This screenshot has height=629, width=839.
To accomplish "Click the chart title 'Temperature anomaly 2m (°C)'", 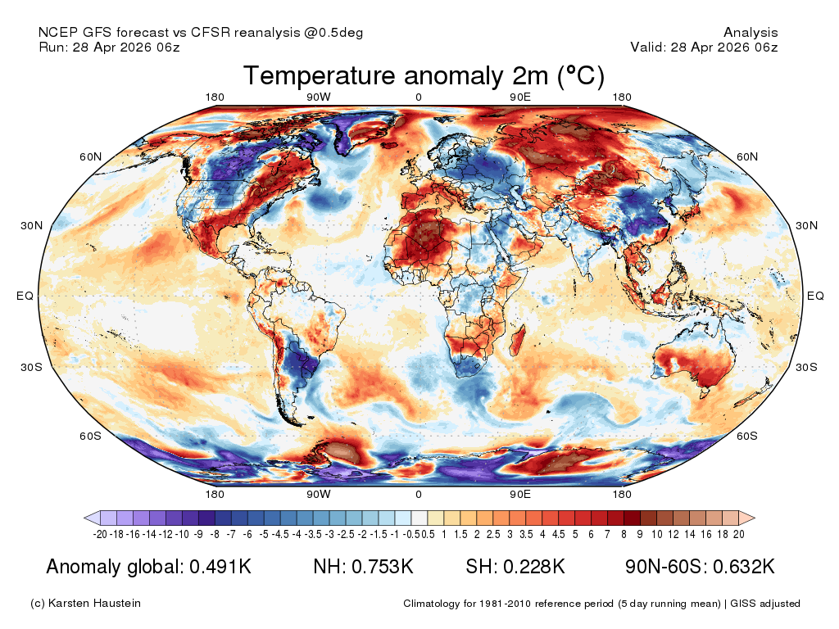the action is (x=424, y=76).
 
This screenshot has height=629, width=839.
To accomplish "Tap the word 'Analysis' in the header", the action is (x=751, y=33).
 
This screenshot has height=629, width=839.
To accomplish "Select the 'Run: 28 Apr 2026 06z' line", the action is (x=109, y=47).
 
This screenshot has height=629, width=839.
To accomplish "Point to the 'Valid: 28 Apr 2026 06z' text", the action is (x=704, y=47).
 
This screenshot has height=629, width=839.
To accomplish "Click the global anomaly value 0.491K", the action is (x=220, y=567).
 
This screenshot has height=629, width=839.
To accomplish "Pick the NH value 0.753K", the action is (x=382, y=567).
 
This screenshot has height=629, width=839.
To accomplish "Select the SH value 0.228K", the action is (x=533, y=567).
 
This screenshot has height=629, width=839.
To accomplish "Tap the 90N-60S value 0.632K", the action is (x=744, y=567).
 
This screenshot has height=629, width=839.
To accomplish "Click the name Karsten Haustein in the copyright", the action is (x=94, y=604).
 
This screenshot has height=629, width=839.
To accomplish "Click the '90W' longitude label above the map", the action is (x=319, y=97).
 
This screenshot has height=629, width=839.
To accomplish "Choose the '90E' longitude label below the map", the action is (x=520, y=494).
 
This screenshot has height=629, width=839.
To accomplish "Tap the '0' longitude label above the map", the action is (x=419, y=97).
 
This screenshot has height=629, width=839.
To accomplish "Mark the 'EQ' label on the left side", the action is (x=25, y=296).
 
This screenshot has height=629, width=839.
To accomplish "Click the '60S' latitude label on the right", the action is (x=747, y=436).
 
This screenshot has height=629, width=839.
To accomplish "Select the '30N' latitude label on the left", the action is (x=32, y=226).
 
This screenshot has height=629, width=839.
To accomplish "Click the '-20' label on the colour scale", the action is (x=100, y=534).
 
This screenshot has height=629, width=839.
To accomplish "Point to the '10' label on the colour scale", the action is (x=656, y=534).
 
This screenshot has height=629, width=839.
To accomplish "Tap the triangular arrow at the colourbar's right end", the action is (x=747, y=518).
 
